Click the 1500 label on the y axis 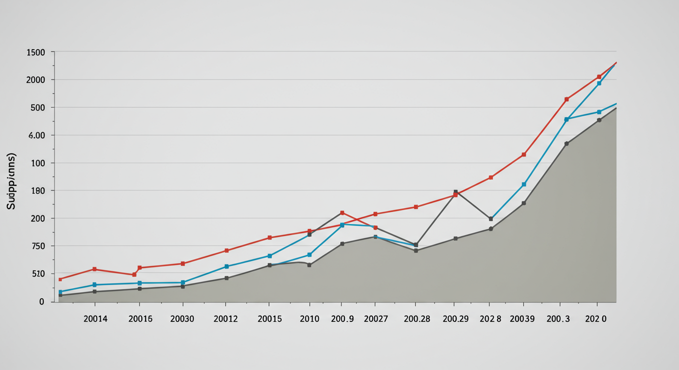pyautogui.click(x=36, y=52)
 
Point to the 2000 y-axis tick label pyautogui.click(x=35, y=79)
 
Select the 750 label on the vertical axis pyautogui.click(x=36, y=246)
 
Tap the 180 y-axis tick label pyautogui.click(x=37, y=191)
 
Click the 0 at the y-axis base pyautogui.click(x=41, y=302)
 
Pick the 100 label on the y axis pyautogui.click(x=37, y=163)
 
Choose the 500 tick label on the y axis pyautogui.click(x=36, y=107)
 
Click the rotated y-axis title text pyautogui.click(x=11, y=181)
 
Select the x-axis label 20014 pyautogui.click(x=95, y=319)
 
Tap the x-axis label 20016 pyautogui.click(x=140, y=319)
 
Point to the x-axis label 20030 pyautogui.click(x=182, y=319)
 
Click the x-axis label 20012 pyautogui.click(x=226, y=319)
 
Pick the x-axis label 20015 pyautogui.click(x=270, y=319)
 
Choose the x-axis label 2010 pyautogui.click(x=309, y=319)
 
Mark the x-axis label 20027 pyautogui.click(x=376, y=319)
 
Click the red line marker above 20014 pyautogui.click(x=95, y=269)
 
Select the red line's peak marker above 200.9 pyautogui.click(x=342, y=213)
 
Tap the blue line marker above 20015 pyautogui.click(x=270, y=256)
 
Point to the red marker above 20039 pyautogui.click(x=524, y=155)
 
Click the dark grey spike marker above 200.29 pyautogui.click(x=455, y=192)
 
